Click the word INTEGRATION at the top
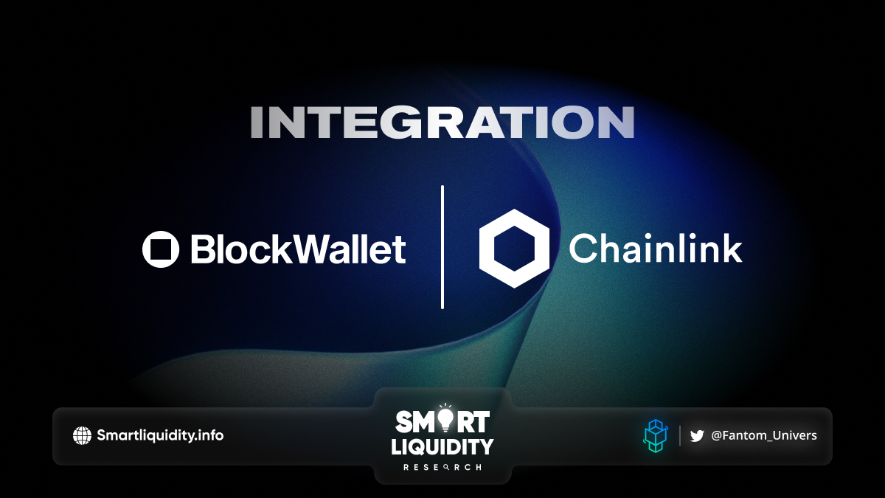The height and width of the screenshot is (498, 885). (x=442, y=122)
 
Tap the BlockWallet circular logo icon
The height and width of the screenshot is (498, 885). (x=161, y=249)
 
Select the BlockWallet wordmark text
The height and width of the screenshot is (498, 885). (x=298, y=249)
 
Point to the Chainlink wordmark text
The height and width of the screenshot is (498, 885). (x=656, y=248)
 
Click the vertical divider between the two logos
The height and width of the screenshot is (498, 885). (x=442, y=247)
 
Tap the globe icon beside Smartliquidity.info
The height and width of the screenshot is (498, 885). (x=82, y=435)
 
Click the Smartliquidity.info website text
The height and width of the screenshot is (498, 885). (x=160, y=435)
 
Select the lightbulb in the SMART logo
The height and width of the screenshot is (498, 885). (x=445, y=419)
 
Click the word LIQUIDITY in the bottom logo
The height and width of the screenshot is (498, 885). (x=442, y=446)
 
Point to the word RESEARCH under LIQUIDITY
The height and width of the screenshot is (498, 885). (x=442, y=467)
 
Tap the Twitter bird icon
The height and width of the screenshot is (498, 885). (x=697, y=436)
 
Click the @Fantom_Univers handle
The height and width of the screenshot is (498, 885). (x=764, y=435)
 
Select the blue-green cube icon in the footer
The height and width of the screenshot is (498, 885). (x=656, y=436)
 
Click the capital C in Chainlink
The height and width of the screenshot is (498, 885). (x=583, y=248)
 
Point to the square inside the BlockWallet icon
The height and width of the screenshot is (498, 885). (x=161, y=249)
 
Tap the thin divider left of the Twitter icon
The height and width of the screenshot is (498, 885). (x=680, y=435)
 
